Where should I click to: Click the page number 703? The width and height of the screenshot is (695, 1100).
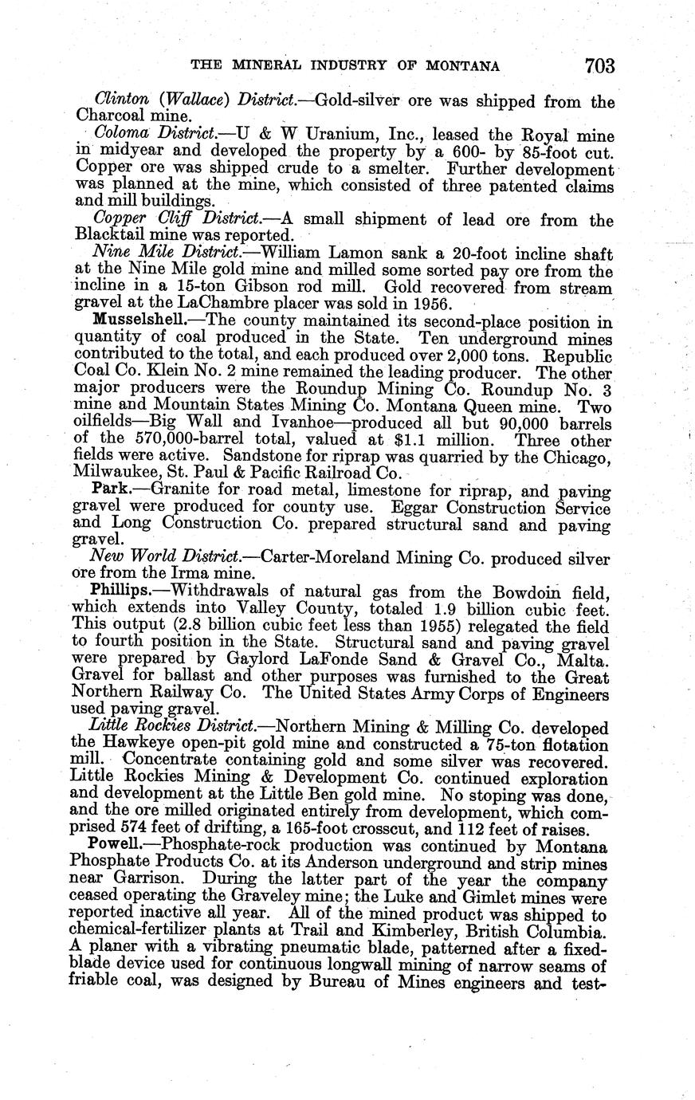[x=599, y=65]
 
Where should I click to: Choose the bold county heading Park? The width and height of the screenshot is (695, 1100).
[x=108, y=490]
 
